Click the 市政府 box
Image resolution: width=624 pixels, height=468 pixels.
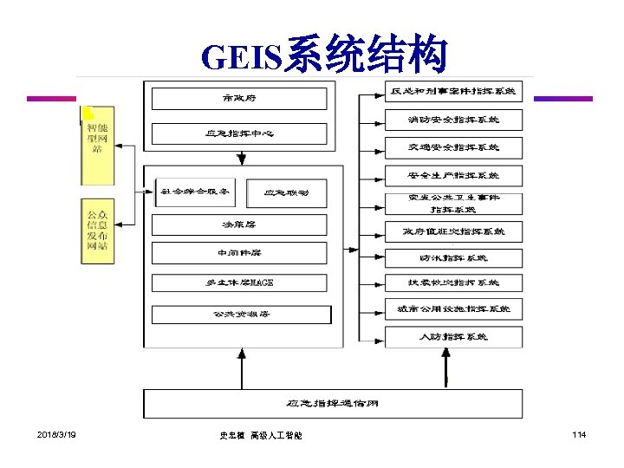coord(239,99)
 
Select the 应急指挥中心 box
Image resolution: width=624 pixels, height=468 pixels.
coord(239,134)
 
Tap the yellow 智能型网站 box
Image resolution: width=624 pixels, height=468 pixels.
coord(96,146)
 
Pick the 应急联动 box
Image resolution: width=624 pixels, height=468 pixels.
coord(285,192)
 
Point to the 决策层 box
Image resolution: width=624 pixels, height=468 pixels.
coord(239,224)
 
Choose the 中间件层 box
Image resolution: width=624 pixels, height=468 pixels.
coord(239,253)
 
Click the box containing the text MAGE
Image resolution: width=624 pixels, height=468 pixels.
coord(239,283)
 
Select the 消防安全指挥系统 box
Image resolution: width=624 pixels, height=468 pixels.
coord(454,119)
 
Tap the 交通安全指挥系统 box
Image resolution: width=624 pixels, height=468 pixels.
coord(454,147)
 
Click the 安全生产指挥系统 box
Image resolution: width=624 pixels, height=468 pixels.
coord(454,176)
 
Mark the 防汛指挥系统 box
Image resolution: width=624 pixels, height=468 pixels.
coord(454,258)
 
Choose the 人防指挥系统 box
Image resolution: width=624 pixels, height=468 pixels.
coord(454,336)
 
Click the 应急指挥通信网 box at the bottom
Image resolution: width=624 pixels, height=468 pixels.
coord(333,404)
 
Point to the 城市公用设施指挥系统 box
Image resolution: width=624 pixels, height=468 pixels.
coord(454,309)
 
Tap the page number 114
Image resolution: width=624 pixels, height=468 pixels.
coord(578,433)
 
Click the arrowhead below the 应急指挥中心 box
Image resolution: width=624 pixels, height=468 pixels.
coord(241,159)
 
